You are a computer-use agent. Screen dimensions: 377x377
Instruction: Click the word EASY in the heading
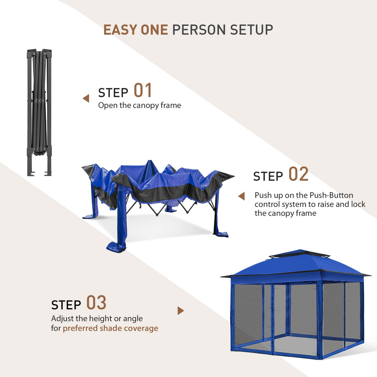tap(120, 30)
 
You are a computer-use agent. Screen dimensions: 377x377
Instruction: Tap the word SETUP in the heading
tap(252, 30)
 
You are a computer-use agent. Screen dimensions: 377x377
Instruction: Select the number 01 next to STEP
tap(143, 91)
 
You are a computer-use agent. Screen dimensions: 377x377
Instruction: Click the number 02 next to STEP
tap(298, 174)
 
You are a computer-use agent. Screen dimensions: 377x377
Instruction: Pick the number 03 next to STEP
tap(96, 303)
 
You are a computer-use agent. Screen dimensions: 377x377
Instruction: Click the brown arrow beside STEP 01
tap(86, 98)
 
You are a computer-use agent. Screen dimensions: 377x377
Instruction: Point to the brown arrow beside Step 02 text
tap(241, 196)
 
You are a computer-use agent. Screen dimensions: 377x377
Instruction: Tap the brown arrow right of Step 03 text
tap(180, 311)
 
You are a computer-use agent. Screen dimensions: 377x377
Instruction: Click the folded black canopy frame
tap(39, 112)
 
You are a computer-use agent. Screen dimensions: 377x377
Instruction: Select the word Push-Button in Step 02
tap(332, 195)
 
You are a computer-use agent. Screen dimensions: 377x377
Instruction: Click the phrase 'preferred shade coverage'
tap(110, 328)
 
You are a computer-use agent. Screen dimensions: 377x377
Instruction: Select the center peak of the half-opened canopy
tap(150, 166)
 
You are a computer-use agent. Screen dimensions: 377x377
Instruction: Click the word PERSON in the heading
tap(199, 30)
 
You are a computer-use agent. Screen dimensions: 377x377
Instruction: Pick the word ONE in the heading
tap(154, 30)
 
